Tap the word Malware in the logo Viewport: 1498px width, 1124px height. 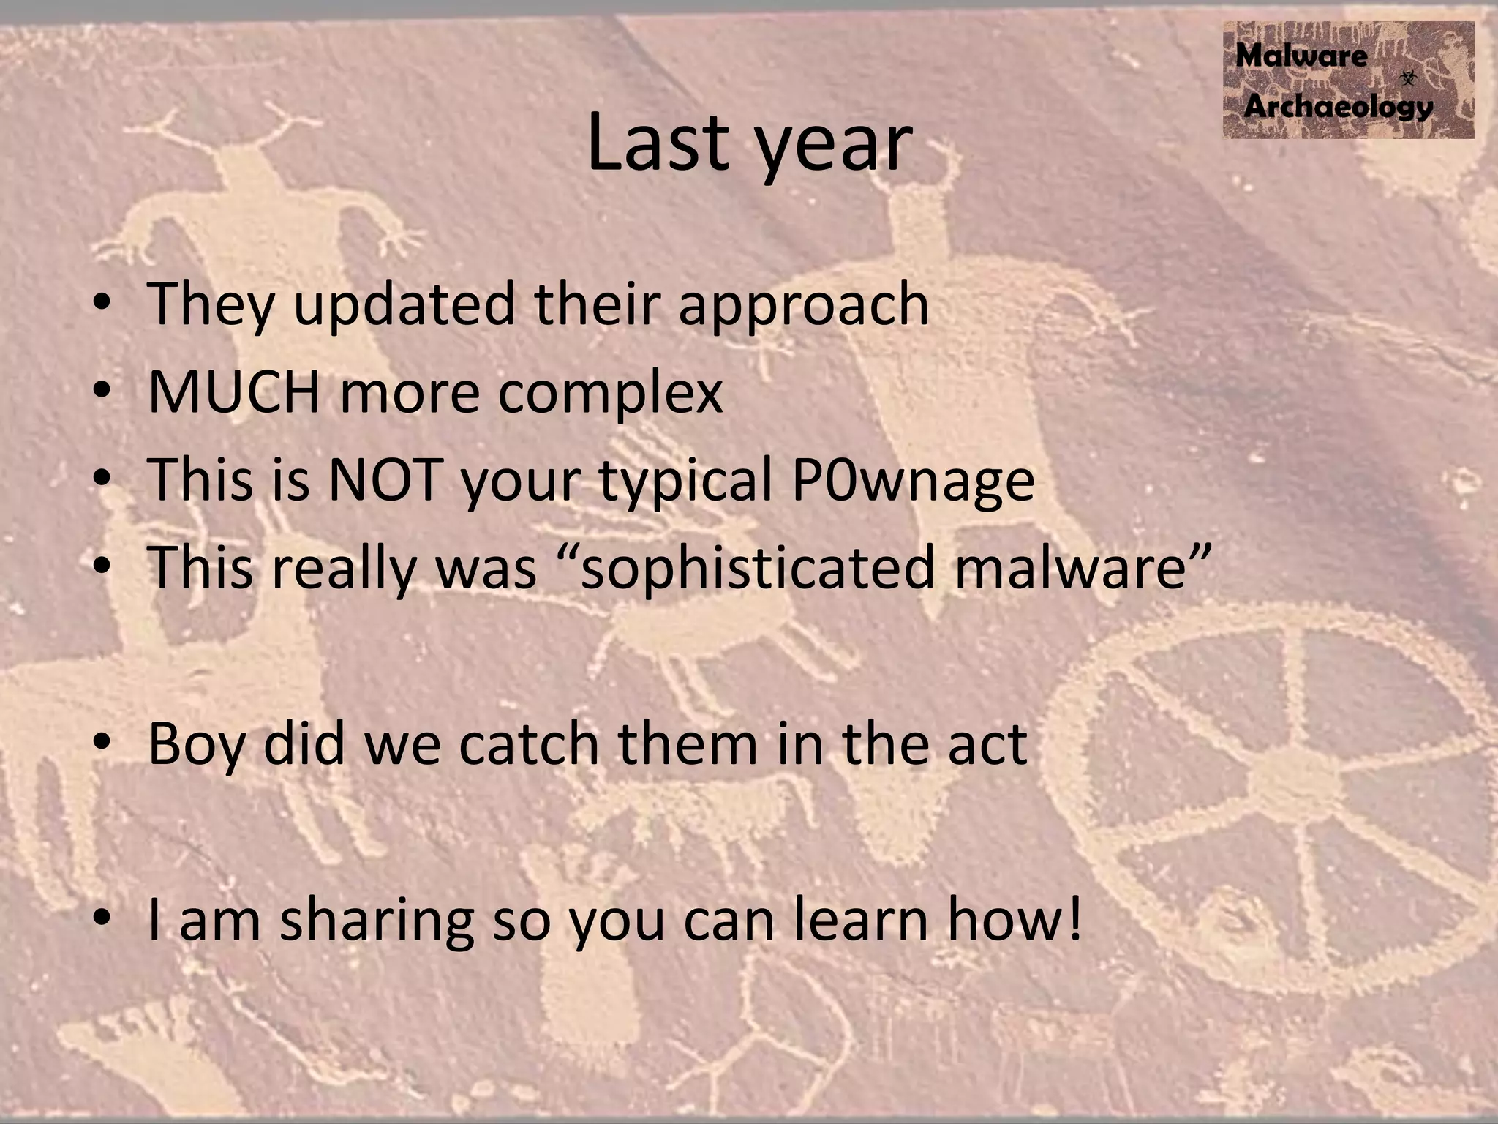[1301, 56]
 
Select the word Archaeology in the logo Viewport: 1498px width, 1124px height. [1338, 107]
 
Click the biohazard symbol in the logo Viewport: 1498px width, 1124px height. [1408, 77]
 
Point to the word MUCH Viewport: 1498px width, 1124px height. [233, 392]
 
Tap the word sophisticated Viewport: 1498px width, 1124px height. [757, 569]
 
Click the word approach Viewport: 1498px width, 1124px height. [803, 305]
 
